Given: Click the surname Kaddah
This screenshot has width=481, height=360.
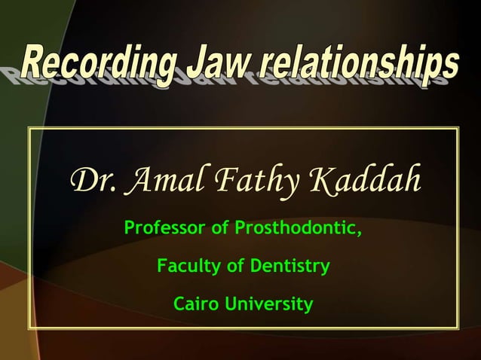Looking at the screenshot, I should pos(365,182).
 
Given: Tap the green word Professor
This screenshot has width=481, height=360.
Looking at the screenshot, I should pos(165,227).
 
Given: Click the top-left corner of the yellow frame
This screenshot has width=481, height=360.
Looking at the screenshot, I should pos(29,129).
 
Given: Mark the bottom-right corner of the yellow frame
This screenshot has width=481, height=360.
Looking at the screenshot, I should pos(458,328).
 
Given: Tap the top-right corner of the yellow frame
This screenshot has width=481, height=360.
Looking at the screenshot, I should pos(458,129).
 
